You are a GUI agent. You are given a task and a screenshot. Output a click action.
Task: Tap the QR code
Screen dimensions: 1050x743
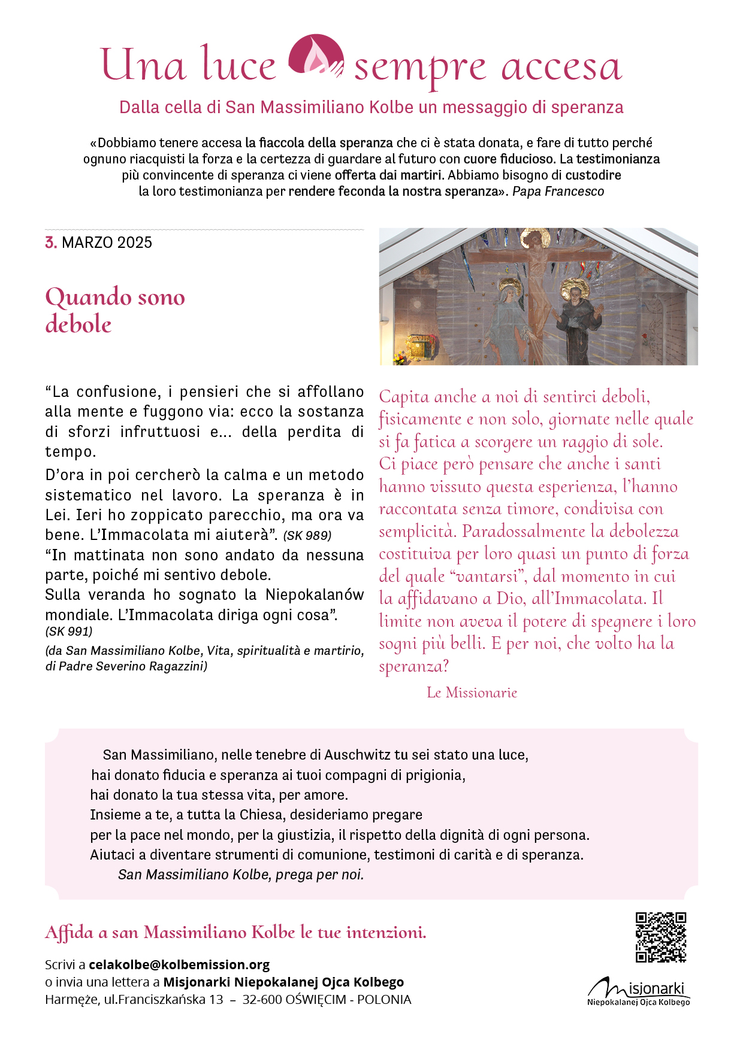[x=661, y=937]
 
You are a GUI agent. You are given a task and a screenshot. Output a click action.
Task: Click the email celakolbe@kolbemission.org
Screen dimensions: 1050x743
[x=179, y=964]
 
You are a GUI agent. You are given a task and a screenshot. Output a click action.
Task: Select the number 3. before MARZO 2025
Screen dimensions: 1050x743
[x=51, y=242]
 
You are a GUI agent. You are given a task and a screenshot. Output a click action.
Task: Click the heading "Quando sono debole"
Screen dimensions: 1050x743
[x=115, y=310]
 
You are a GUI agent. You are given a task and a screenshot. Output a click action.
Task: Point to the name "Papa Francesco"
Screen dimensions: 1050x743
[x=558, y=192]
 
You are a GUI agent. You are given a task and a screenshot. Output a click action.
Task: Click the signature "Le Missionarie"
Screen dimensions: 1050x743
[x=472, y=693]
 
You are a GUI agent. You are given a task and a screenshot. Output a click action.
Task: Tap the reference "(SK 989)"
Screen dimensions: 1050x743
[x=307, y=535]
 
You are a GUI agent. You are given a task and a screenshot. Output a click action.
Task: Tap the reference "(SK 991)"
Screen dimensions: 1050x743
[x=69, y=631]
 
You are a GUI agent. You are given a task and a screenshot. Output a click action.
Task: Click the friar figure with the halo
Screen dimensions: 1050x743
[x=578, y=323]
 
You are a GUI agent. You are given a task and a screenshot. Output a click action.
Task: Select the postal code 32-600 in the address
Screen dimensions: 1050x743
[x=262, y=999]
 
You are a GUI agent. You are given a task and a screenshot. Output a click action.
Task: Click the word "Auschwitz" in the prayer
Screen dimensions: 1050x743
[x=358, y=755]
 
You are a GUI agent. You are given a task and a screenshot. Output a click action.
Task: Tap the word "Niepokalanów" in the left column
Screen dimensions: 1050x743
[x=315, y=594]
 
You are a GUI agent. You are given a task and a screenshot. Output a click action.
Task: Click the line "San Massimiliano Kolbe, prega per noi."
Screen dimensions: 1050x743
[x=241, y=875]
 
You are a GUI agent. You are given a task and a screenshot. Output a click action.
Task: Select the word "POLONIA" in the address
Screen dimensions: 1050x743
[x=384, y=999]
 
